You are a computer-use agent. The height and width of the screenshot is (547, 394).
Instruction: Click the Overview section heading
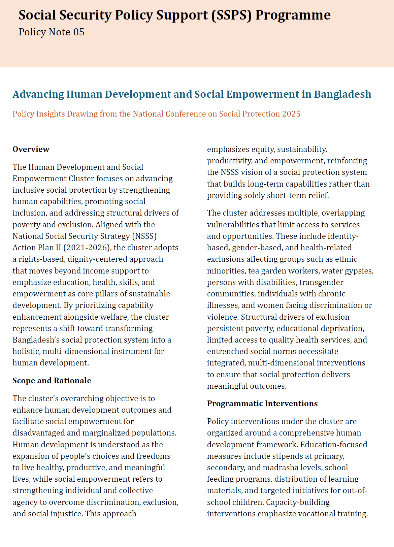(x=31, y=149)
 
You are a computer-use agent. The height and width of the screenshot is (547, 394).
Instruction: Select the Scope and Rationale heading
(x=52, y=381)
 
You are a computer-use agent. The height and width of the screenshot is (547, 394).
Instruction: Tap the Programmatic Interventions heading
(x=262, y=404)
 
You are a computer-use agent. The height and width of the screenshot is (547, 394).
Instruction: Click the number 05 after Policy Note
(x=79, y=32)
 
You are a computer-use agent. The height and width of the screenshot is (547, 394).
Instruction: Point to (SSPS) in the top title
(x=231, y=15)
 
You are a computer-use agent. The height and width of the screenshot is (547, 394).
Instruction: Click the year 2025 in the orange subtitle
(x=291, y=114)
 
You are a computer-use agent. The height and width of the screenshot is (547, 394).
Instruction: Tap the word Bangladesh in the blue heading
(x=342, y=94)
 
